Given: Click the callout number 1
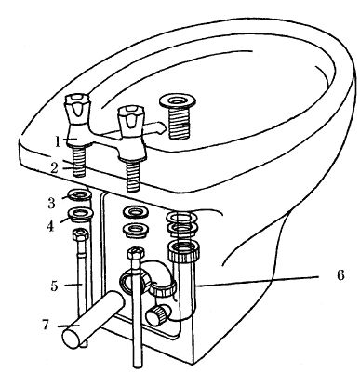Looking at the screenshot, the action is point(58,141).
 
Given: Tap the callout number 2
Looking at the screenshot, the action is point(55,168).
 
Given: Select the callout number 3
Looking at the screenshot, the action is point(51,203).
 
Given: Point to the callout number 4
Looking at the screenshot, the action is point(51,226).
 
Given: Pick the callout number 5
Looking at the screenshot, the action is point(55,286).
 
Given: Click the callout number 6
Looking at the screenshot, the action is point(340,274).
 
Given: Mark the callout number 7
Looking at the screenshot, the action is point(46,325).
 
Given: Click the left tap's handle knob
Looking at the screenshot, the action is point(77,109).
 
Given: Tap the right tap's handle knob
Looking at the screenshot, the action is point(129,117).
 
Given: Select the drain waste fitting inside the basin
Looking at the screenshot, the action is point(178,117).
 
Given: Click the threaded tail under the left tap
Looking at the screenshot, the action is point(79,161).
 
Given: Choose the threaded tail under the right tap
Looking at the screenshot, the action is point(132,175).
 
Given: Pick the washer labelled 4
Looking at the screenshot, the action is point(80,215).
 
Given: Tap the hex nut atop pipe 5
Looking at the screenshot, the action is point(81,234).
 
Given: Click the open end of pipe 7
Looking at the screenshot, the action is point(72,338).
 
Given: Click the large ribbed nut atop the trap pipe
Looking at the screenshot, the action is point(183,250).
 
